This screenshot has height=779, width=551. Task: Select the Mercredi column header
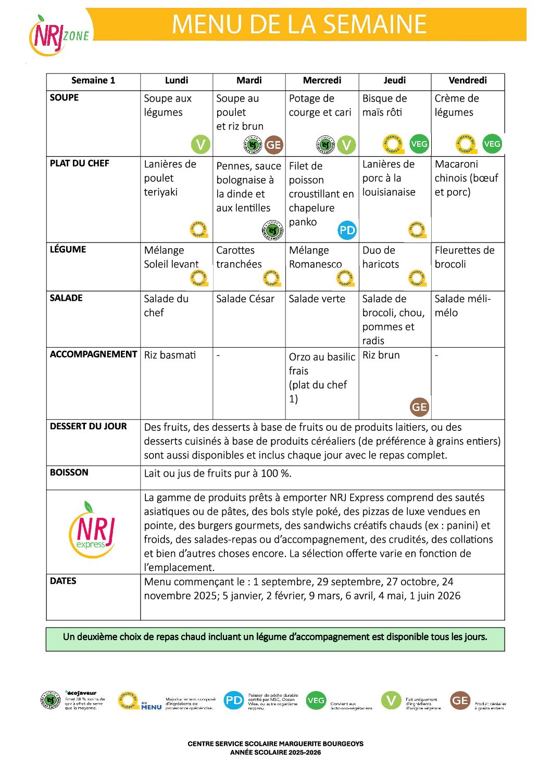pyautogui.click(x=322, y=81)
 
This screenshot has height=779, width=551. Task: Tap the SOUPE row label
pyautogui.click(x=65, y=98)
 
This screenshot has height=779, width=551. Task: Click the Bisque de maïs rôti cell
pyautogui.click(x=385, y=106)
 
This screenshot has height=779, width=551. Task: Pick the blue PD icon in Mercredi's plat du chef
pyautogui.click(x=347, y=230)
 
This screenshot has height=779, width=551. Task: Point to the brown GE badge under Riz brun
pyautogui.click(x=419, y=407)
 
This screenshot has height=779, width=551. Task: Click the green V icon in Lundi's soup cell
pyautogui.click(x=201, y=144)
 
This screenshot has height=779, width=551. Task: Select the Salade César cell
pyautogui.click(x=245, y=299)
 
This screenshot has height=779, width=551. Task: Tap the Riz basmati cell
pyautogui.click(x=170, y=355)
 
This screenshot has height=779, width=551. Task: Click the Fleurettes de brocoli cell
pyautogui.click(x=464, y=257)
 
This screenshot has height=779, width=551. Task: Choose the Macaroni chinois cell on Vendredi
pyautogui.click(x=466, y=178)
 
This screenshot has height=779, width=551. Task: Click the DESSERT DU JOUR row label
pyautogui.click(x=89, y=427)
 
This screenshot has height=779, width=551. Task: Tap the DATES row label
pyautogui.click(x=63, y=581)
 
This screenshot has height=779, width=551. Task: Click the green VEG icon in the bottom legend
pyautogui.click(x=316, y=700)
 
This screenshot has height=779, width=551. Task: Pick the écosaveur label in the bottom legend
pyautogui.click(x=82, y=693)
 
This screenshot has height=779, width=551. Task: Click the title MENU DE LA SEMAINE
pyautogui.click(x=299, y=24)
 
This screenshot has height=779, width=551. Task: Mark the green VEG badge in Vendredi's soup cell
pyautogui.click(x=492, y=144)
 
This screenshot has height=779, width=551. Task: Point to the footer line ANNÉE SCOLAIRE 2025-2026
pyautogui.click(x=275, y=752)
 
